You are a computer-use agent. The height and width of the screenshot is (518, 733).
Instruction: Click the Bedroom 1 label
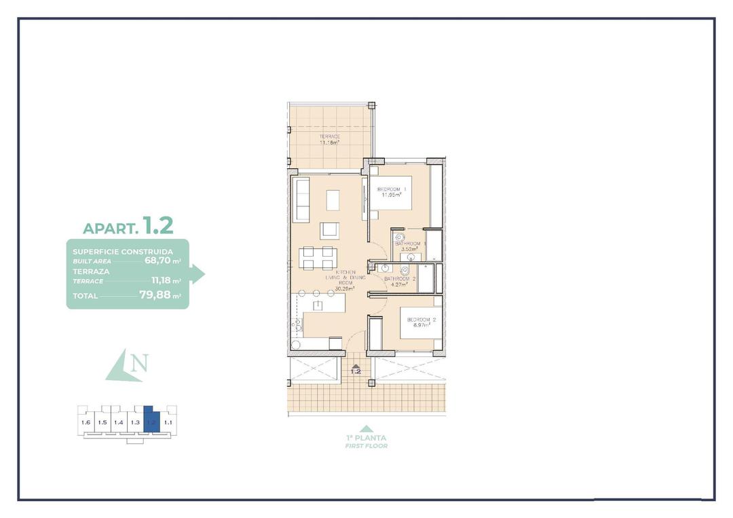point(392,189)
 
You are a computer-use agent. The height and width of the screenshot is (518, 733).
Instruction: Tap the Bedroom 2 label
point(421,319)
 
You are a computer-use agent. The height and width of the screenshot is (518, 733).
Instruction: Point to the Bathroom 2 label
point(399,278)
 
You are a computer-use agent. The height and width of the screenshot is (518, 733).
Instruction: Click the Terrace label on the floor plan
point(329,136)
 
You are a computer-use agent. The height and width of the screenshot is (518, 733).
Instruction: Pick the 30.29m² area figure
point(345,288)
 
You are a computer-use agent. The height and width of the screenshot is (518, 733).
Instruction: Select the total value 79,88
point(154,295)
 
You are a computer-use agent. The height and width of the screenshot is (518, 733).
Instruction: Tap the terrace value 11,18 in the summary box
point(162,280)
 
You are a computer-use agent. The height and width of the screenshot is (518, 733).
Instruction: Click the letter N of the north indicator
point(139,363)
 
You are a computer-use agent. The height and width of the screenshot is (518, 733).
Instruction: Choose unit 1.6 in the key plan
point(86,422)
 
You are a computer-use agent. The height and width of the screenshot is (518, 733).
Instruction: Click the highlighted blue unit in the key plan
point(151,422)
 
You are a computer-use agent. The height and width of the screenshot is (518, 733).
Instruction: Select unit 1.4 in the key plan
point(118,422)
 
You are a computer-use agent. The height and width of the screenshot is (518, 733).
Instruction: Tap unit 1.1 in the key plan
point(168,422)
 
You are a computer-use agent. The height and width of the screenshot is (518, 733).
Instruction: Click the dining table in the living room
point(318,258)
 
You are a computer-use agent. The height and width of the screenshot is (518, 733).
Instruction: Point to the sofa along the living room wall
point(301,200)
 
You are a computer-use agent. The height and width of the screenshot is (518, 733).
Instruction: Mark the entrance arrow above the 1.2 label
point(355,366)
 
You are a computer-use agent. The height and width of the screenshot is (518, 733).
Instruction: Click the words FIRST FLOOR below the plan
point(366,446)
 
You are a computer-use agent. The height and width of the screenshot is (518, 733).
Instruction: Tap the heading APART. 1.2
point(128,225)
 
